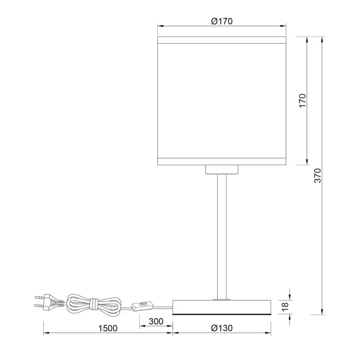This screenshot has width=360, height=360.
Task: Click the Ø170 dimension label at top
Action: pos(221,21)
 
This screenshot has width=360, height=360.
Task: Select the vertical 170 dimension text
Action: pos(302,100)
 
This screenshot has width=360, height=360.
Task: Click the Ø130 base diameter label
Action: pos(222,328)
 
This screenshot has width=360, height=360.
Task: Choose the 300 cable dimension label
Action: pos(155,322)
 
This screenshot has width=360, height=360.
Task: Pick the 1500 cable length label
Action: pos(107,328)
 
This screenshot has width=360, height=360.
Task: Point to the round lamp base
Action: pos(221,307)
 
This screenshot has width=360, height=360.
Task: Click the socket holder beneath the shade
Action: pos(221,169)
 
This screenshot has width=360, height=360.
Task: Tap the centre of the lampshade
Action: pos(221,100)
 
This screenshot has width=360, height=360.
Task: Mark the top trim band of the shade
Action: pos(221,40)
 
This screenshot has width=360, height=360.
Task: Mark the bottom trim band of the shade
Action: pos(221,160)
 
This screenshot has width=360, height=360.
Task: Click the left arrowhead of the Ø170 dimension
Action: pos(160,26)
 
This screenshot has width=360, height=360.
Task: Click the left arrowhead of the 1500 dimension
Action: pos(46,334)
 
